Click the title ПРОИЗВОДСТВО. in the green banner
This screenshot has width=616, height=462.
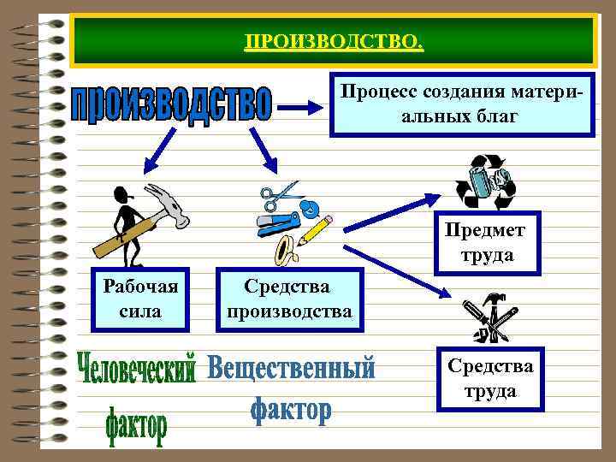point(333,42)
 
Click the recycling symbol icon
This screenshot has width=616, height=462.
point(483,181)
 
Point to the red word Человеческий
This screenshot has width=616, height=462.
point(139,369)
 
